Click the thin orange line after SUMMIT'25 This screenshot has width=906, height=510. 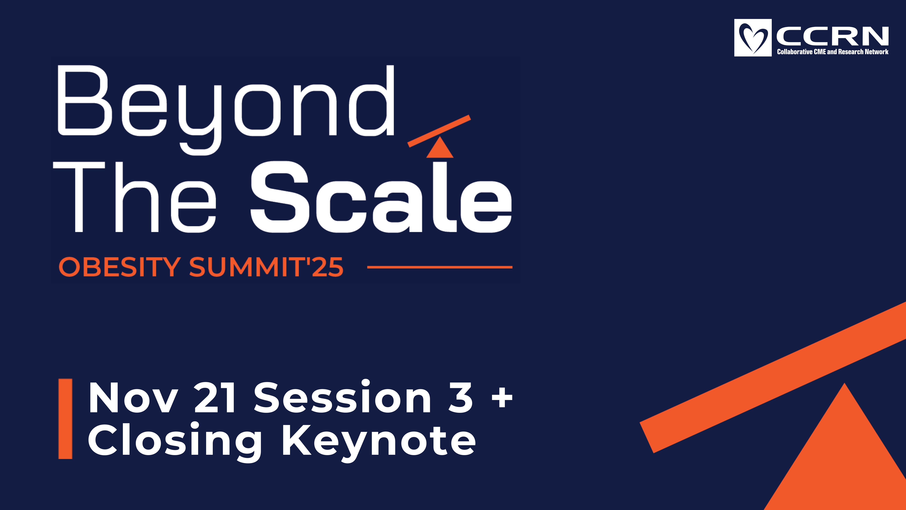pyautogui.click(x=440, y=267)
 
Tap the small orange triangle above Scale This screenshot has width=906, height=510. pyautogui.click(x=440, y=147)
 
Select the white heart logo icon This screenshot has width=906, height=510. pyautogui.click(x=753, y=38)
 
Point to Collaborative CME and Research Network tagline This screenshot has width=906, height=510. pyautogui.click(x=832, y=52)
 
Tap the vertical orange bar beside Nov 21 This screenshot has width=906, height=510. pyautogui.click(x=65, y=419)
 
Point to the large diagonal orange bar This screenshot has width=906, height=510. pyautogui.click(x=773, y=377)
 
